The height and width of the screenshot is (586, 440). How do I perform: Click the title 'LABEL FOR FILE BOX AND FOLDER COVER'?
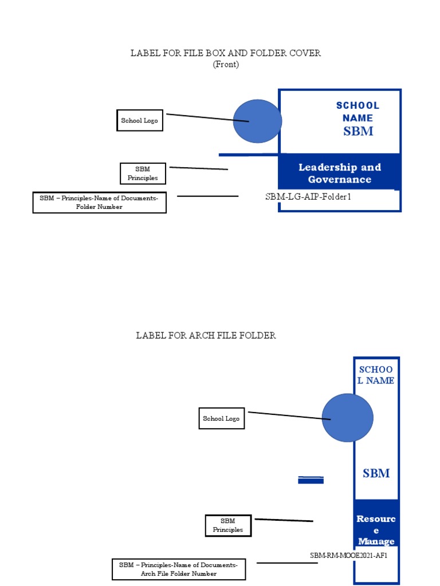226,53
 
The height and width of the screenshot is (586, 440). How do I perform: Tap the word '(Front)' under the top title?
226,65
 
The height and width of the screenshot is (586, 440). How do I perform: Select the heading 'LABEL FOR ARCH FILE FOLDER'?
206,335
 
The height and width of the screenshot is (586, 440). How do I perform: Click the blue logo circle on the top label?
257,121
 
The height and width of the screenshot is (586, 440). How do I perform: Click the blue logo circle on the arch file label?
347,418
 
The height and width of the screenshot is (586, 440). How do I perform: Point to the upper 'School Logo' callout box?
140,121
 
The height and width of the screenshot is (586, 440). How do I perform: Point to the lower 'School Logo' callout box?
221,419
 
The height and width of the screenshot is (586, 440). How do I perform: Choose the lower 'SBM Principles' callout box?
228,525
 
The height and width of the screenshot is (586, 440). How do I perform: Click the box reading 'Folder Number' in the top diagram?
100,202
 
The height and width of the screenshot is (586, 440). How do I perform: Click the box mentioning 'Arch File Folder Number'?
179,569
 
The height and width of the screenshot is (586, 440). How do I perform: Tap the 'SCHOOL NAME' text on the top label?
357,112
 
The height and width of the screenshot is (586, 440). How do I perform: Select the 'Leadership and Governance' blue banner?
339,173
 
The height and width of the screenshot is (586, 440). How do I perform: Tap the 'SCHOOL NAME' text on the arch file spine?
376,375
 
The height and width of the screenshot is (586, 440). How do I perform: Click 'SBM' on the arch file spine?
376,473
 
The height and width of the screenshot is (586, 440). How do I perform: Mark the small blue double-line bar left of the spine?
311,480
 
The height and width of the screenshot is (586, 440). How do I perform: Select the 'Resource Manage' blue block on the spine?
376,529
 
